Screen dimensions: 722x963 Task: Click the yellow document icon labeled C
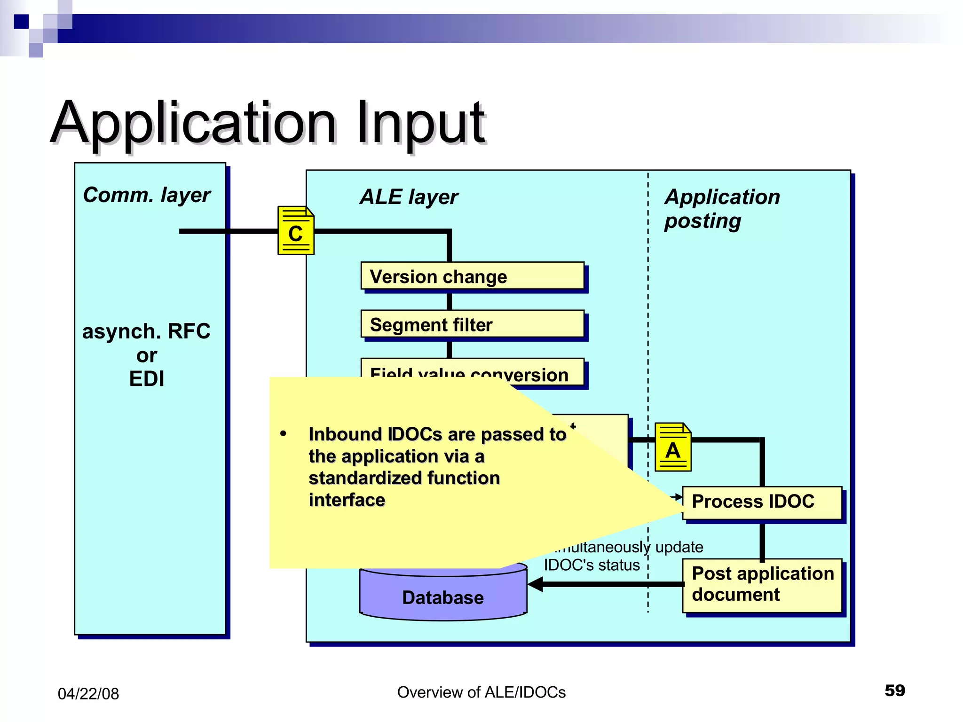click(x=295, y=230)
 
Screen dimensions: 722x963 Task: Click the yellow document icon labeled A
click(x=673, y=447)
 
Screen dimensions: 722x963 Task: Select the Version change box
click(x=472, y=276)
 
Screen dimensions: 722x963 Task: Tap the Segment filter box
click(x=472, y=324)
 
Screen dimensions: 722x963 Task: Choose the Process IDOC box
click(x=762, y=502)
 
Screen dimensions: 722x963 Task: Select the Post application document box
click(x=762, y=585)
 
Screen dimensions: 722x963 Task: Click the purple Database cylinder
click(x=442, y=597)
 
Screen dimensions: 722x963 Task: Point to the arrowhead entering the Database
click(x=535, y=584)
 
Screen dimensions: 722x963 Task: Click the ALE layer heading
click(x=409, y=197)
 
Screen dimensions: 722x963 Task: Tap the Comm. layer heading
click(x=147, y=195)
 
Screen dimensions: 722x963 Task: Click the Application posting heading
click(x=722, y=209)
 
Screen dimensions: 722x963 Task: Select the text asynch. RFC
click(x=146, y=331)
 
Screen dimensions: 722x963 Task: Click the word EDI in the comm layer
click(x=147, y=379)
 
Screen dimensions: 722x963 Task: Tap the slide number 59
click(x=894, y=691)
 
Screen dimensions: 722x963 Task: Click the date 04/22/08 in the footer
click(x=88, y=694)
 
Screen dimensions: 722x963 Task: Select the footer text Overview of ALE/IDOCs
click(x=481, y=692)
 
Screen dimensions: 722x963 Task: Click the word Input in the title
click(x=420, y=123)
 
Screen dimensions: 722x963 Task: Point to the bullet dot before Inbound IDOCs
click(x=283, y=433)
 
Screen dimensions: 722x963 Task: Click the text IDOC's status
click(x=592, y=565)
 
